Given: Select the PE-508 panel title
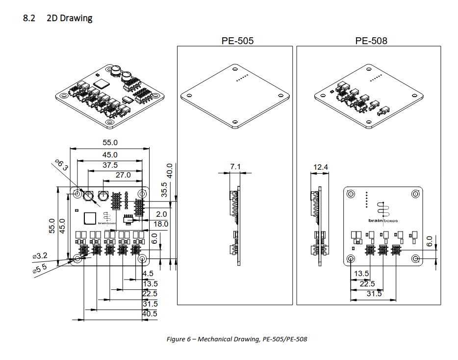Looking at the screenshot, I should (371, 41).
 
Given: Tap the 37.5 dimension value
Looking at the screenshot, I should (110, 165).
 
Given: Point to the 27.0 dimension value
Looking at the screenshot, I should (123, 175).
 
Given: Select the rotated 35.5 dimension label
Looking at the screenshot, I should (165, 190).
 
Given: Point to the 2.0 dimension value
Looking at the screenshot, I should (161, 214).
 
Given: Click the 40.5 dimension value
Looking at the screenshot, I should (150, 313).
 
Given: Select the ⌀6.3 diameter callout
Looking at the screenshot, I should (61, 165).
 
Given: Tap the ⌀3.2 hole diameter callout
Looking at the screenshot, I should (40, 256).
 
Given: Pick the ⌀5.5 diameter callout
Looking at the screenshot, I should (40, 268).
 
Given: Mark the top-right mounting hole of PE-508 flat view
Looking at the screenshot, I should (415, 193).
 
